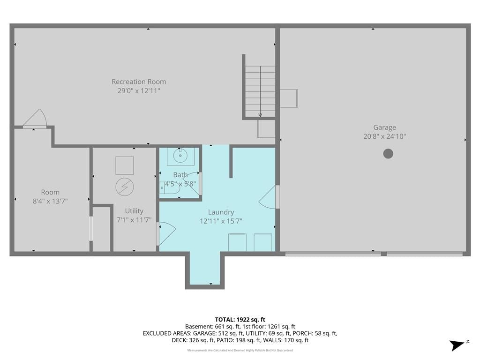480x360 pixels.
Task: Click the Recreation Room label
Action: (x=139, y=82)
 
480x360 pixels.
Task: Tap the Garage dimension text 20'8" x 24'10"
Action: (x=384, y=136)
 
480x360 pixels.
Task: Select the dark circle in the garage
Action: (x=388, y=153)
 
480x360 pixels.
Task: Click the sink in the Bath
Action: (x=180, y=156)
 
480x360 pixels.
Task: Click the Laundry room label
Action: (x=221, y=212)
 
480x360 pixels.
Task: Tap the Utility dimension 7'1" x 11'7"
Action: (x=134, y=220)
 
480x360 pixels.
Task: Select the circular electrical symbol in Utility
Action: (x=125, y=187)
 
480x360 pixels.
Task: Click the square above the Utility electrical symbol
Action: (x=125, y=165)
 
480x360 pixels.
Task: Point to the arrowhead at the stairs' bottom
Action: (x=260, y=115)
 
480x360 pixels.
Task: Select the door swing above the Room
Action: (x=35, y=118)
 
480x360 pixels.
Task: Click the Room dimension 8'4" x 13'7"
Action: (x=50, y=201)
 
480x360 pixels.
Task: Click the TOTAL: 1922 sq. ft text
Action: (x=240, y=320)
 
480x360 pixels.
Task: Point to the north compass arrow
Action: (x=457, y=345)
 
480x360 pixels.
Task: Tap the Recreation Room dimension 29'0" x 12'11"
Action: (x=139, y=90)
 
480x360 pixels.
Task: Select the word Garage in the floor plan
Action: (x=384, y=127)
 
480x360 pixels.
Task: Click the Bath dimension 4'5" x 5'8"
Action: (x=180, y=184)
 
